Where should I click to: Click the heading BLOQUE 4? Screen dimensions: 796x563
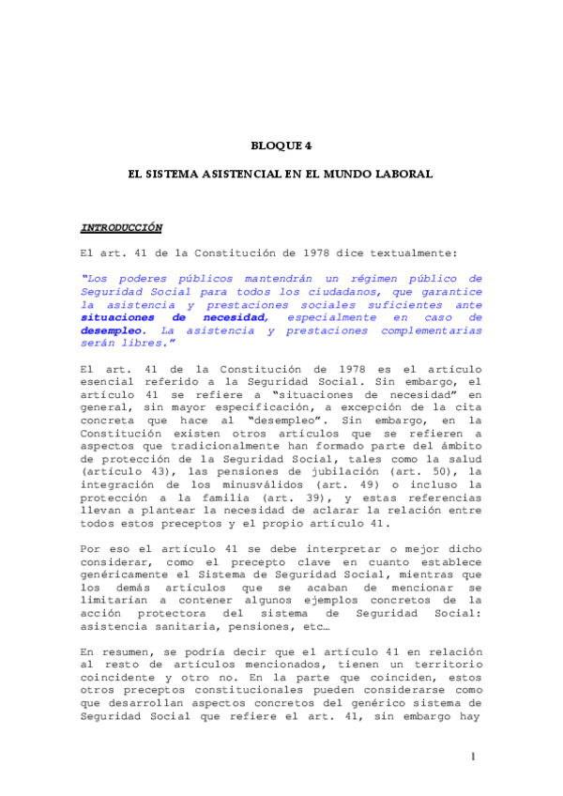pos(281,145)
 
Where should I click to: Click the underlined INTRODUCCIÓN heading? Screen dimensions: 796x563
pos(121,228)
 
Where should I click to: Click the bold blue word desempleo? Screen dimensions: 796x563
pos(113,330)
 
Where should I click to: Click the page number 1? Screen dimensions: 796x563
pos(475,756)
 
